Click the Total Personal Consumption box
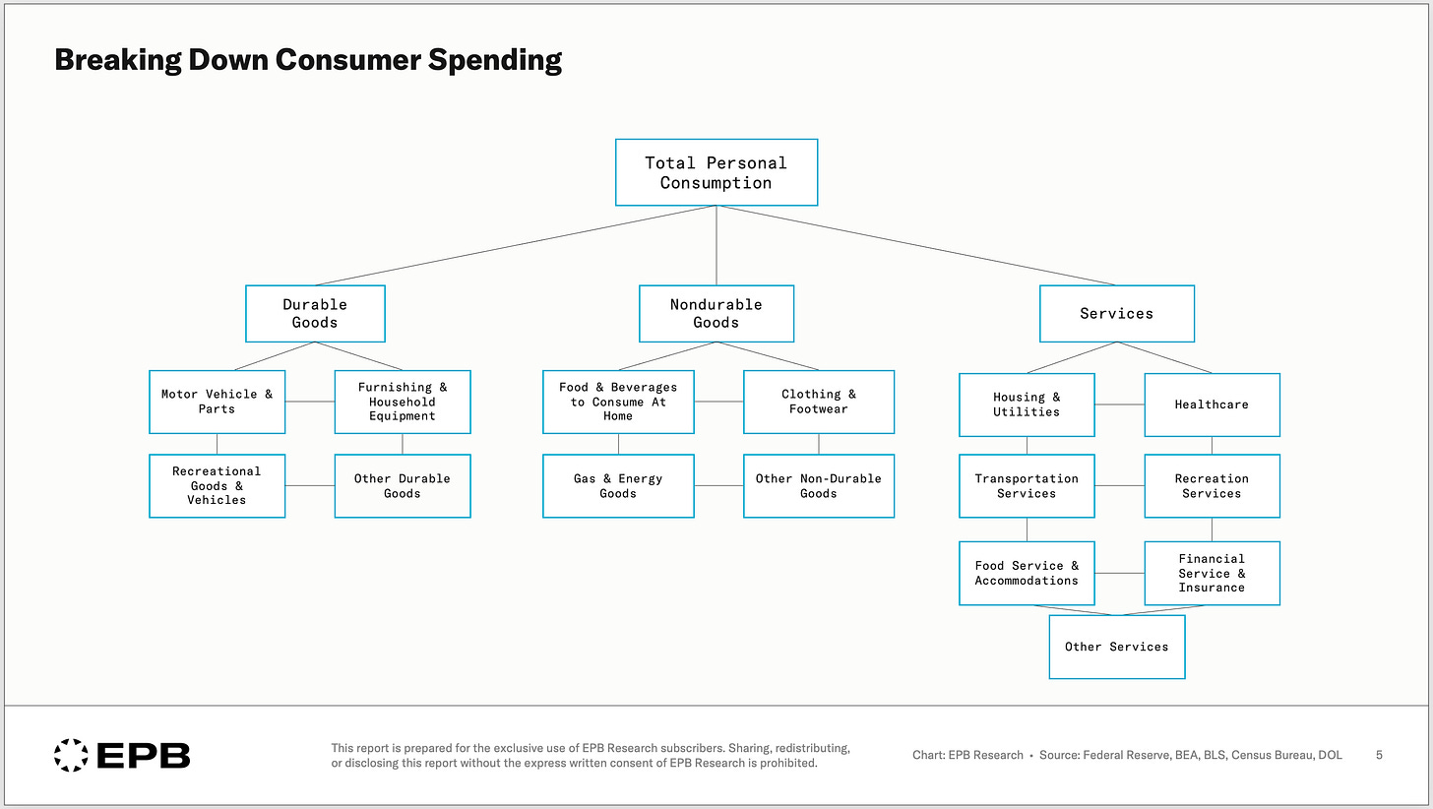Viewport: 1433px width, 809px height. point(716,172)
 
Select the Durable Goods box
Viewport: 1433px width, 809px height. point(315,313)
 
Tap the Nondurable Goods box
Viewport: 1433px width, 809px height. point(716,313)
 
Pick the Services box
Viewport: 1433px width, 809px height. point(1116,313)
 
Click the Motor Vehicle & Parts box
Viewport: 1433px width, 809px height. point(217,402)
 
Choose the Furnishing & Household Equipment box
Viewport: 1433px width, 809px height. point(403,402)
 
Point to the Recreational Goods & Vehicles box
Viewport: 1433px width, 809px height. point(217,485)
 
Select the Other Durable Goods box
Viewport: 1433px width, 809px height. point(403,485)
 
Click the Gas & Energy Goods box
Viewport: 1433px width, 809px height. point(618,485)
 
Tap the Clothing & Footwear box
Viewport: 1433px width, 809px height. point(819,402)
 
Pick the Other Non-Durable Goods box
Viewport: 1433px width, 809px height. point(819,485)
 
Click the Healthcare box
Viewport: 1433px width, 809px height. point(1212,404)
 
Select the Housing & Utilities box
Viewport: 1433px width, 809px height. point(1027,404)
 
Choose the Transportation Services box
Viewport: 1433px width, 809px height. point(1027,485)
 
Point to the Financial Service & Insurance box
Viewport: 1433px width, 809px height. point(1212,573)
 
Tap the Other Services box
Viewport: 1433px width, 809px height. point(1116,647)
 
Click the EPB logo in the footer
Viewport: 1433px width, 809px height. point(122,755)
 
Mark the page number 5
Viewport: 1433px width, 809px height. point(1379,755)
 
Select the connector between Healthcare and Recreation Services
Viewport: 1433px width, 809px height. point(1212,445)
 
